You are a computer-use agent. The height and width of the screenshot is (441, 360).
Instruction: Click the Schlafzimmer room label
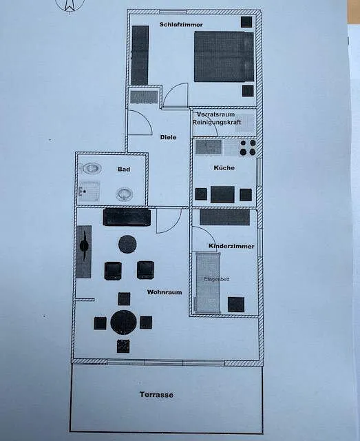click(181, 25)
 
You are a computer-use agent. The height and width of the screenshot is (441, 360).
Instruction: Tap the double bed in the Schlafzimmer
click(224, 57)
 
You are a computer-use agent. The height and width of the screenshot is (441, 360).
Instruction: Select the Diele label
click(169, 137)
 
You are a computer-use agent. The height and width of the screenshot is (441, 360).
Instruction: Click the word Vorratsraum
click(215, 115)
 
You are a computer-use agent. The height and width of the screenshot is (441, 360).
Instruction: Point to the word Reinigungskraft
click(217, 123)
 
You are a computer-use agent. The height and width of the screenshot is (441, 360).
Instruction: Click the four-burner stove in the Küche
click(248, 147)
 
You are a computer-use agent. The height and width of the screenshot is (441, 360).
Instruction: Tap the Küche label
click(224, 168)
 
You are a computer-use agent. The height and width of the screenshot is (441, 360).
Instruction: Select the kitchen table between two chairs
click(222, 194)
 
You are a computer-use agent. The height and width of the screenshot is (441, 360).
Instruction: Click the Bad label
click(124, 170)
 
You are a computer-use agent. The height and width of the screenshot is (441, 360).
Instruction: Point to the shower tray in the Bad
click(89, 192)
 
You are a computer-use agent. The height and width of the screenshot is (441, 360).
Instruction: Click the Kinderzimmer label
click(231, 246)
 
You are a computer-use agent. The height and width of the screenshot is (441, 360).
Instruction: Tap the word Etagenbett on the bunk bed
click(217, 279)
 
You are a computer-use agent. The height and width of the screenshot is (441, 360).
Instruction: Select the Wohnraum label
click(165, 292)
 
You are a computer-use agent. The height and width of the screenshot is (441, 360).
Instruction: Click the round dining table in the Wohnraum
click(123, 322)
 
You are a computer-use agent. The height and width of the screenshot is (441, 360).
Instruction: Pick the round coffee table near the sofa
click(127, 244)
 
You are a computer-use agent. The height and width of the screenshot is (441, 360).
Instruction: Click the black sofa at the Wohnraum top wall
click(127, 217)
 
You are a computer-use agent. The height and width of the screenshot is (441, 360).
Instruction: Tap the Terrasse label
click(156, 395)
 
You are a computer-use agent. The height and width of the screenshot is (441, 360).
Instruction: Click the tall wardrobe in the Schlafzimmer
click(140, 55)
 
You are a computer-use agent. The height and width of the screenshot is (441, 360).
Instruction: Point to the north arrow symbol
click(70, 6)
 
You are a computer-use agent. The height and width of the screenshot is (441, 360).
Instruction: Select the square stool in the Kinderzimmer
click(236, 305)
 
